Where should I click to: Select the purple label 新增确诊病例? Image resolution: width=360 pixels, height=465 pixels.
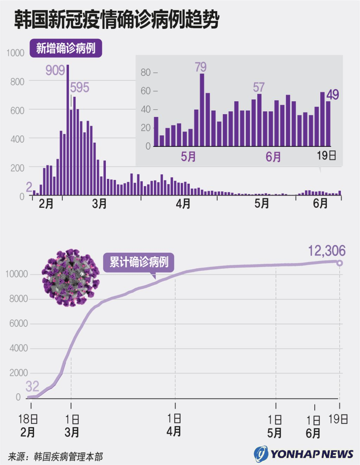tap(66, 48)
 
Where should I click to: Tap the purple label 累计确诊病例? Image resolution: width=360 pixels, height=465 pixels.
tap(139, 262)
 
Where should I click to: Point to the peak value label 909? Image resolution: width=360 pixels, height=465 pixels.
tap(55, 70)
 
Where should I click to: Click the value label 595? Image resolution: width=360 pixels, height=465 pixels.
tap(80, 87)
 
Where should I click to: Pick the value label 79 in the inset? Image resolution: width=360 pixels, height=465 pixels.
tap(201, 67)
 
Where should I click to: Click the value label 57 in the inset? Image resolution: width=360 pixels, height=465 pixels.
tap(259, 87)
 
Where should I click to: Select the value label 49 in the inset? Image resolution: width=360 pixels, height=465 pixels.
tap(333, 95)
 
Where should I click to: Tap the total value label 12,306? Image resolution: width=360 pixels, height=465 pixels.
tap(327, 251)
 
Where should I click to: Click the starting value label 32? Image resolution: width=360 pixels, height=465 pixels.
tap(32, 387)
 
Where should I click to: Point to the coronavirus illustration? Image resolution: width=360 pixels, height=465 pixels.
tap(70, 278)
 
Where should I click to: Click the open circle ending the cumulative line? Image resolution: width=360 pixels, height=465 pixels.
tap(339, 263)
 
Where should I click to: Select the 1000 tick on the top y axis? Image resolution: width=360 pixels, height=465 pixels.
tap(15, 53)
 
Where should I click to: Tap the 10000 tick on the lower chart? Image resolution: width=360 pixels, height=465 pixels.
tap(17, 274)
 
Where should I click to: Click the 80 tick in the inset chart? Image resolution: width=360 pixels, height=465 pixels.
tap(146, 72)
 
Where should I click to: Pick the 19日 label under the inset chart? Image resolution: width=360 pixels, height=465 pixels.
tap(327, 155)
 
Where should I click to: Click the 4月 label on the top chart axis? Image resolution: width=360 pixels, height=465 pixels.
tap(183, 204)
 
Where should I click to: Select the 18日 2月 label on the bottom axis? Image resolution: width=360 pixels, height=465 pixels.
tap(28, 425)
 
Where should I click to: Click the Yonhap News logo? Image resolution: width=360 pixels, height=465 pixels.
tap(304, 454)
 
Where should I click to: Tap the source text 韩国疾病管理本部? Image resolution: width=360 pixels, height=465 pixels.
tap(68, 457)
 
